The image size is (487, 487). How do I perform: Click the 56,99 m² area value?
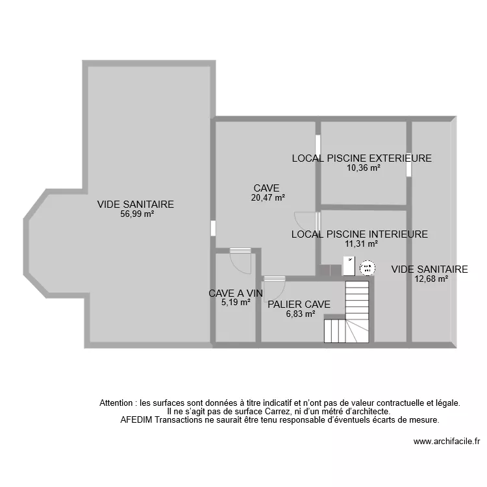(x=135, y=214)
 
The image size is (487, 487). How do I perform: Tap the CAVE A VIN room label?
(x=235, y=293)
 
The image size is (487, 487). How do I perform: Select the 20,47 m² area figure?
(x=268, y=198)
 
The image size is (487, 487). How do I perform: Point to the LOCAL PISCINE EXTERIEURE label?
(x=362, y=158)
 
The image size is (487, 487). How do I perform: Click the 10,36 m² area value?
(x=363, y=168)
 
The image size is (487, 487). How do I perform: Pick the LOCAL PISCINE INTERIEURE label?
(x=360, y=234)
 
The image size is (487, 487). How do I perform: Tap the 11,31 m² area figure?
(x=361, y=244)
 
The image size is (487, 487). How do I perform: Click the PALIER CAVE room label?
(x=299, y=304)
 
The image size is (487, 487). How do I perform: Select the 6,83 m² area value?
(x=300, y=314)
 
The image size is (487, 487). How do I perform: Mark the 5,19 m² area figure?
(x=235, y=302)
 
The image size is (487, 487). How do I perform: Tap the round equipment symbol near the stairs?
(x=367, y=267)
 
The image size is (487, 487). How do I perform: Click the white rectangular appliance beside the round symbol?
(x=349, y=266)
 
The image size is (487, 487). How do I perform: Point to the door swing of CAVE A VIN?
(x=240, y=261)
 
